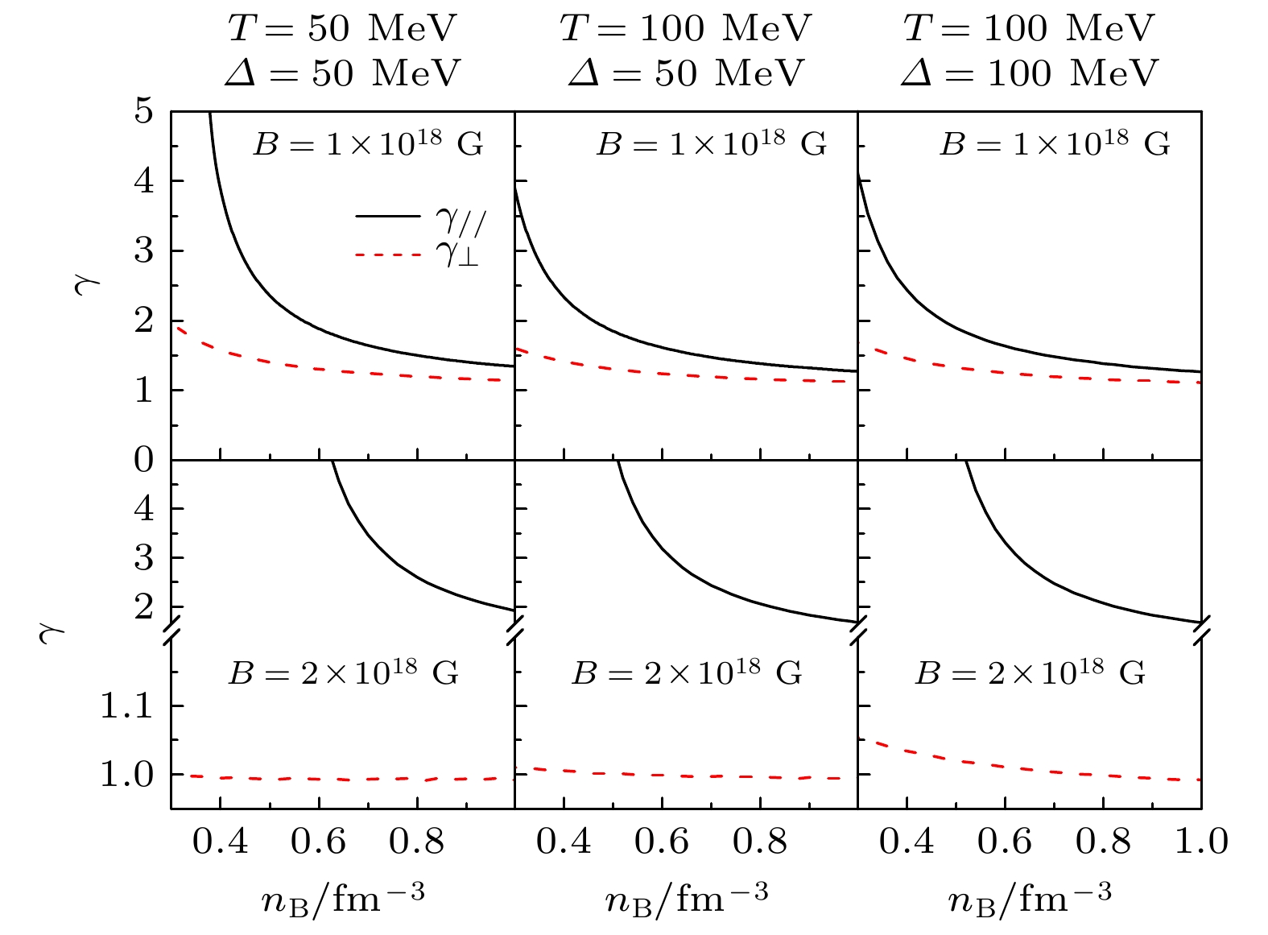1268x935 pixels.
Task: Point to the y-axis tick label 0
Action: point(143,460)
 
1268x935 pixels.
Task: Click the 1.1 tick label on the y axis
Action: point(125,706)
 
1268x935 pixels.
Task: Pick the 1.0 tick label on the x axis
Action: point(1201,842)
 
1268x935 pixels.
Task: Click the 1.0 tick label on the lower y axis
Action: point(125,775)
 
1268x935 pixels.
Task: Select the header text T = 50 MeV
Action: point(342,29)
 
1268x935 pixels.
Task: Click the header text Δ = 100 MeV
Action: point(1030,73)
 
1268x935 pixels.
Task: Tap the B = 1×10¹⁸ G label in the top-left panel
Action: point(369,144)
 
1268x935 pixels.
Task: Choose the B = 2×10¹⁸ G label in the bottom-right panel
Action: point(1030,672)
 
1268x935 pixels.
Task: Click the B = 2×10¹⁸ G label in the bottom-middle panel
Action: point(687,672)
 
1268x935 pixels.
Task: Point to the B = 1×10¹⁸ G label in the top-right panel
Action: point(1055,144)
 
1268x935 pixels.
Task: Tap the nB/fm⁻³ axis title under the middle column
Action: point(687,896)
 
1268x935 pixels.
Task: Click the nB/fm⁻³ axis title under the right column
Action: point(1030,896)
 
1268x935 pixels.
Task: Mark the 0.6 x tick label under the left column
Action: point(318,842)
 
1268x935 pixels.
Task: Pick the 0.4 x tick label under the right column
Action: point(907,842)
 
